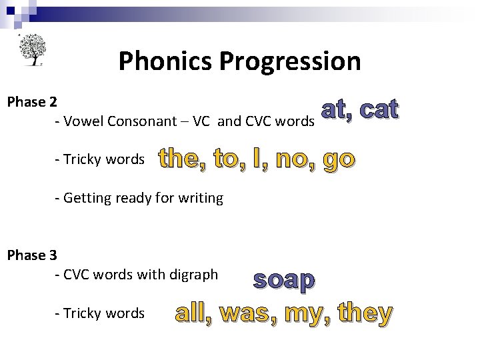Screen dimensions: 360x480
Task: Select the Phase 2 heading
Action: tap(31, 102)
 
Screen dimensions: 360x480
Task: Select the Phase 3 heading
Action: tap(31, 255)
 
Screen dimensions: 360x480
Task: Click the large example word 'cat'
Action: tap(376, 110)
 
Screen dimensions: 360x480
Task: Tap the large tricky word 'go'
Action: tap(339, 161)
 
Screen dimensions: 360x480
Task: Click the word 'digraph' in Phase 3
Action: tap(195, 274)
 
